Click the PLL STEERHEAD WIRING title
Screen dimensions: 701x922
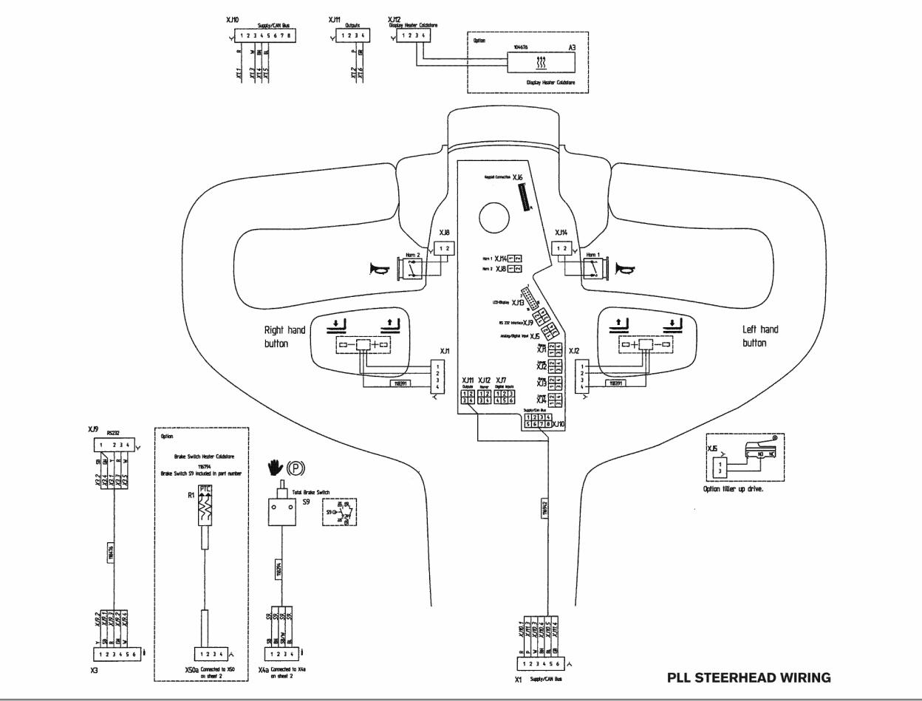(x=748, y=677)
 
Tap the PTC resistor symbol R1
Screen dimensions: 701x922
(x=205, y=505)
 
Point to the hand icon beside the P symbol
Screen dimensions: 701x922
(x=276, y=468)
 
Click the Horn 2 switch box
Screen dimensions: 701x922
(x=411, y=269)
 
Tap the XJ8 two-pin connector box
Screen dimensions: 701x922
(x=445, y=249)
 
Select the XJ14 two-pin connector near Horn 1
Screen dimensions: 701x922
(x=562, y=249)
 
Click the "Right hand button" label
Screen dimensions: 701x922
(x=284, y=337)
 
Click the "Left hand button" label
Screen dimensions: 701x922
(x=760, y=336)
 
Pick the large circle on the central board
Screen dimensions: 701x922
(x=494, y=217)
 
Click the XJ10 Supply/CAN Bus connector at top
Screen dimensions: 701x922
(x=266, y=35)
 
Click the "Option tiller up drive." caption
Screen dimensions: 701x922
(x=733, y=489)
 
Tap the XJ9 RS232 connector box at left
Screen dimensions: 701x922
(x=115, y=445)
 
